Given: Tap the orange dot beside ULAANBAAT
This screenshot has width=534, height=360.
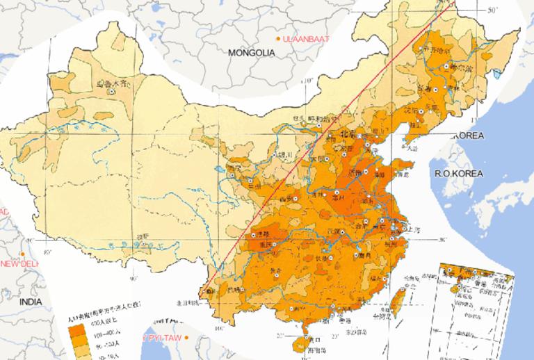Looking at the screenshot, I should [x=279, y=38].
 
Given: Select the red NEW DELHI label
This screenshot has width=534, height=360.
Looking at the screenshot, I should [x=19, y=264].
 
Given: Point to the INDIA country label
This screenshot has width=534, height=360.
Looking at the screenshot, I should [x=31, y=301].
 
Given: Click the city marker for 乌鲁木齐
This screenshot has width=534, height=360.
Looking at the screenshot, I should [x=111, y=90].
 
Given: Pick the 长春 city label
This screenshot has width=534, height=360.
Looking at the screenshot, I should [x=442, y=88].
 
